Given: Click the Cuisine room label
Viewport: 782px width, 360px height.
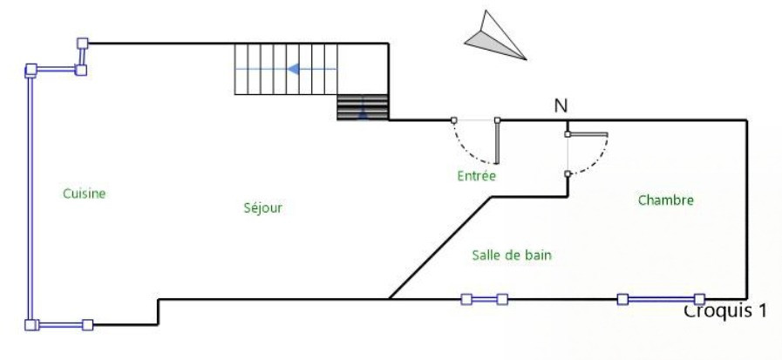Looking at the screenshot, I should coord(85,194).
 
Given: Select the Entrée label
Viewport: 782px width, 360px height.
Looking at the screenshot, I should coord(476,176).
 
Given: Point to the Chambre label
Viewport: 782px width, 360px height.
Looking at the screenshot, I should coord(665,200).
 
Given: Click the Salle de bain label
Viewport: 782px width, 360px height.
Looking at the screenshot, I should coord(512,255).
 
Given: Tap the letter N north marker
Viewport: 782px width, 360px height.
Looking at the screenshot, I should coord(561,106).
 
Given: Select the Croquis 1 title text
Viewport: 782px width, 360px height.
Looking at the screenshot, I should coord(724,310).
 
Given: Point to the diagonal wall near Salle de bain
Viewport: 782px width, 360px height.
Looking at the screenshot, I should coord(440,247).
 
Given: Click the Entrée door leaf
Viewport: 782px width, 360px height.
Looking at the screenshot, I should coord(497,141).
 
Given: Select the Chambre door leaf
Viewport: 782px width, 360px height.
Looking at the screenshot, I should coord(587,134).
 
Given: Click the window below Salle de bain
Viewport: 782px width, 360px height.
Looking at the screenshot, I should coord(484,299).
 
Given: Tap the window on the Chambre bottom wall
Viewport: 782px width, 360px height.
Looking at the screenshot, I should coord(661,299).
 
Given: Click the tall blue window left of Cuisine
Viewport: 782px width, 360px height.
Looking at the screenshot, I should coord(30,196).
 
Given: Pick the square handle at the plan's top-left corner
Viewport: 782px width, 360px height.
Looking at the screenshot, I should coord(83,43).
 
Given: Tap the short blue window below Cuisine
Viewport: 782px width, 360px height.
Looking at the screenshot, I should coord(59,325).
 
